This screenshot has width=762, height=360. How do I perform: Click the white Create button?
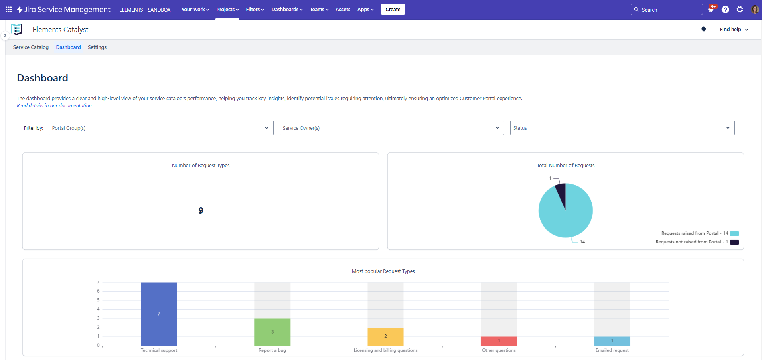point(393,10)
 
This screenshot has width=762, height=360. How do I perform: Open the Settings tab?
point(97,47)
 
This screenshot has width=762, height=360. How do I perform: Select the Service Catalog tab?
point(31,47)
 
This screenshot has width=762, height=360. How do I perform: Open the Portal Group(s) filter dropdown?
point(161,128)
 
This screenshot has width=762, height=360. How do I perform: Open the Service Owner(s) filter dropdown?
point(391,128)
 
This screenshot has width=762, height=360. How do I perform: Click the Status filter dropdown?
point(622,128)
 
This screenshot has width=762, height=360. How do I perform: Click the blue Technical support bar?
point(159,314)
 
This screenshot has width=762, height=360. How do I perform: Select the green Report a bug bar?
point(272,332)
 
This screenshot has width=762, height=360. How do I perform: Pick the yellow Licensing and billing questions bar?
point(385,336)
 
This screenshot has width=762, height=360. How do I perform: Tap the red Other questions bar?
point(499,341)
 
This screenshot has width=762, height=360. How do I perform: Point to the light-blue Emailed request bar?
point(612,341)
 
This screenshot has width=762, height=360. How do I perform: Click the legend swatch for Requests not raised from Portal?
point(734,242)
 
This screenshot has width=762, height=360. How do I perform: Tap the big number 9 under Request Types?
point(201,210)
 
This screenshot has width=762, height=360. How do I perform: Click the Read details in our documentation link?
point(54,106)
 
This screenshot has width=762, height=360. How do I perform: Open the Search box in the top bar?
point(667,10)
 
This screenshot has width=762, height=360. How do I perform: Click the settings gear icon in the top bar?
point(740,10)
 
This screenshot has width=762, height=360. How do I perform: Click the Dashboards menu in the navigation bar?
point(287,10)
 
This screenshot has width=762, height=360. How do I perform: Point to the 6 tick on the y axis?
point(98,291)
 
